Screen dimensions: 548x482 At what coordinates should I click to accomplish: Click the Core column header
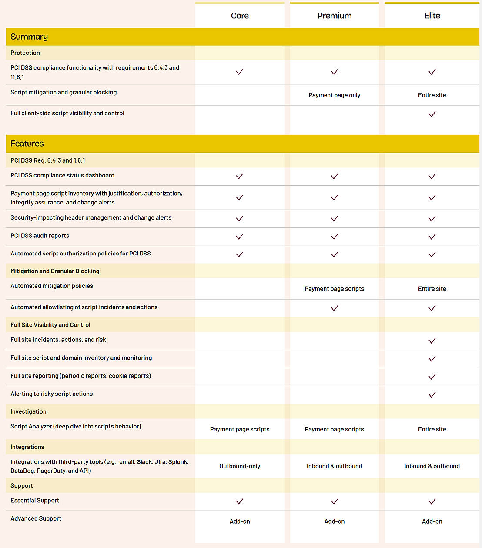pos(240,16)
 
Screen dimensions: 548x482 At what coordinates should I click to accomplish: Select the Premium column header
pos(335,16)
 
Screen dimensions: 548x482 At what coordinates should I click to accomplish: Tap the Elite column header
pos(432,16)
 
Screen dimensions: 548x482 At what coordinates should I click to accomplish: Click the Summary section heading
pos(29,37)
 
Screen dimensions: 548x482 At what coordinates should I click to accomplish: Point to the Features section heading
pos(27,144)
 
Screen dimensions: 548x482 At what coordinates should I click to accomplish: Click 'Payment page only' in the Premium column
pos(335,95)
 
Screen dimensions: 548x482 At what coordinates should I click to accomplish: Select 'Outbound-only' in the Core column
pos(240,466)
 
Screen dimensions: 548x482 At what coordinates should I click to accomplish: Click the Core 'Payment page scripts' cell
pos(240,429)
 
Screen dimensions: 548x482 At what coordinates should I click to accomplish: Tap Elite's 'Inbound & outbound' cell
pos(432,466)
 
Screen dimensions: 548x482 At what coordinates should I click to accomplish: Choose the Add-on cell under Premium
pos(335,521)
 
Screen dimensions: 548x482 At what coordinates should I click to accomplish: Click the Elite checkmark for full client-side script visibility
pos(432,114)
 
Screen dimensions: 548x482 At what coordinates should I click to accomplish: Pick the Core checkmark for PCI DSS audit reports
pos(240,237)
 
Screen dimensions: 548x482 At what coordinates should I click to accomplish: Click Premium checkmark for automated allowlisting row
pos(335,308)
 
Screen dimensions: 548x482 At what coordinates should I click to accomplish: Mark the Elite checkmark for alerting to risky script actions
pos(432,395)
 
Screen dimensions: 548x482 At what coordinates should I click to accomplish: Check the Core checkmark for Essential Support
pos(240,501)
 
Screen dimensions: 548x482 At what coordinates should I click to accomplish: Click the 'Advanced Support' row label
pos(36,518)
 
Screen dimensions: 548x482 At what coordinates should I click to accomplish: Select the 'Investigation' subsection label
pos(28,411)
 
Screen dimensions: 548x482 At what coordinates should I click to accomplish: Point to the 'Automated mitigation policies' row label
pos(52,286)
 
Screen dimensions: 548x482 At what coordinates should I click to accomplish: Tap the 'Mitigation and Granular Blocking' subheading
pos(55,271)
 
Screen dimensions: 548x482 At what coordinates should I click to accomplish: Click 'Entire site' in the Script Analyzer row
pos(432,429)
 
